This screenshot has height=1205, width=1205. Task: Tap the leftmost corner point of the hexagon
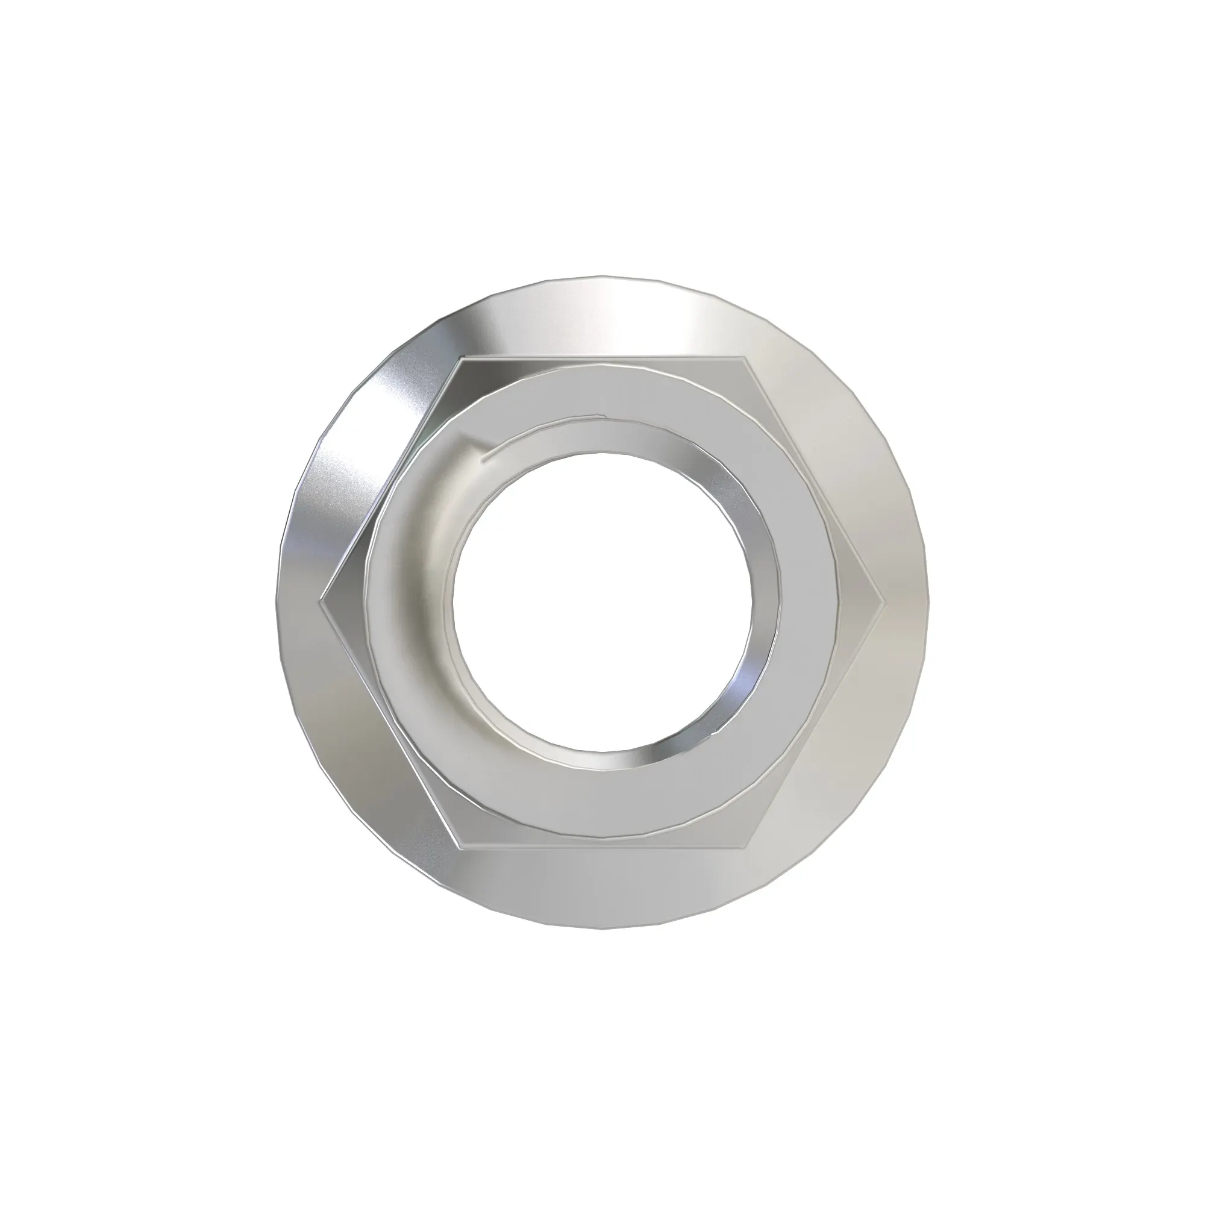tap(320, 602)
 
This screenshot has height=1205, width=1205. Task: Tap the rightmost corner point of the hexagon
tap(884, 602)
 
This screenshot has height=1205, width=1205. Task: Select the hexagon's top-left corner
tap(459, 358)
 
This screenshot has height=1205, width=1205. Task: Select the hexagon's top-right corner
tap(744, 357)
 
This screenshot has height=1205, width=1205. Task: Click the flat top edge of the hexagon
tap(602, 358)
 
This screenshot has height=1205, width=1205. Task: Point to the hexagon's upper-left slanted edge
tap(389, 480)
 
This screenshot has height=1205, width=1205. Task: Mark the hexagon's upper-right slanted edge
tap(815, 480)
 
